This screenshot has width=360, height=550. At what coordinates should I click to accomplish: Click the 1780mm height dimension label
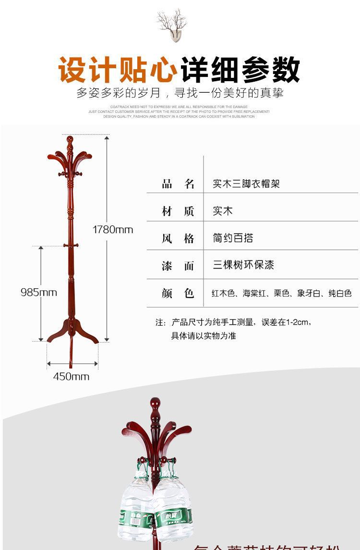click(x=113, y=230)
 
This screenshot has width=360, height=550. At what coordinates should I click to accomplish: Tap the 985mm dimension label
click(x=38, y=292)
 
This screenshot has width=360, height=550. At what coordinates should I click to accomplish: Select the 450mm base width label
click(x=71, y=376)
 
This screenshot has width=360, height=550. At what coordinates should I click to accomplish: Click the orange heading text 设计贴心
click(x=118, y=70)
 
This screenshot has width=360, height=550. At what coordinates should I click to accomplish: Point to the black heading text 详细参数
click(x=240, y=70)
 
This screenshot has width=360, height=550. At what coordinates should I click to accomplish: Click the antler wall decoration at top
click(x=171, y=24)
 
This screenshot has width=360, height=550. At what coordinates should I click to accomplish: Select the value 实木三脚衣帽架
click(x=246, y=183)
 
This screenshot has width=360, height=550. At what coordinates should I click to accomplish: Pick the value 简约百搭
click(x=233, y=238)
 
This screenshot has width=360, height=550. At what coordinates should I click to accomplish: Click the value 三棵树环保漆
click(x=243, y=265)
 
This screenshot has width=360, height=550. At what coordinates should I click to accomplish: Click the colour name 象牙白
click(x=309, y=293)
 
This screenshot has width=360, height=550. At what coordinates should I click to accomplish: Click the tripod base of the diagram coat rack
click(x=72, y=331)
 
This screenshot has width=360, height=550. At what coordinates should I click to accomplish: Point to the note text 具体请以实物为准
click(x=204, y=336)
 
